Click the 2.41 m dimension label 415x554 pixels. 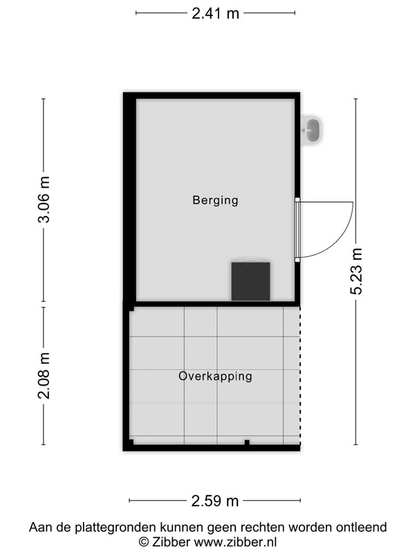[215, 13]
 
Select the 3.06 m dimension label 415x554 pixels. [44, 199]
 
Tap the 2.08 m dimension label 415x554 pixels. [44, 375]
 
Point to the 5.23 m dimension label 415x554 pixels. [356, 271]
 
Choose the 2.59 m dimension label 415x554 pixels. [215, 501]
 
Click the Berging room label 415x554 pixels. [215, 200]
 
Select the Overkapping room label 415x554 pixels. [215, 376]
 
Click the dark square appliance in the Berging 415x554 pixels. [250, 281]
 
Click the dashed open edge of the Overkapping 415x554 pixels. [300, 375]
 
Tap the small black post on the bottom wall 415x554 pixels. [247, 443]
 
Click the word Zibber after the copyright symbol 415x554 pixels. [171, 542]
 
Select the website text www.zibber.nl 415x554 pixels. [235, 542]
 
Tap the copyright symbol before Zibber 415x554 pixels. [143, 542]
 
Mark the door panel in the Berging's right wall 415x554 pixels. [297, 230]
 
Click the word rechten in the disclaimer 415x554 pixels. [263, 527]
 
